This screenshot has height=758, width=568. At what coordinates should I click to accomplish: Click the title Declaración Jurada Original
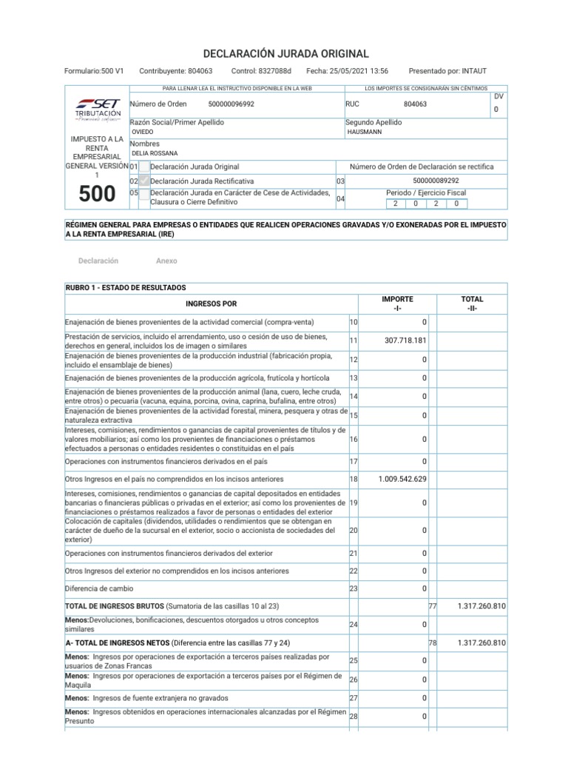tap(284, 54)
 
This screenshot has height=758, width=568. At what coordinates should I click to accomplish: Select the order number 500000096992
tap(230, 104)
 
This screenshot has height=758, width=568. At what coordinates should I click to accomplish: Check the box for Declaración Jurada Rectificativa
tap(144, 181)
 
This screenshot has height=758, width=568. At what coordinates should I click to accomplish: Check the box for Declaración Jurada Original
tap(144, 167)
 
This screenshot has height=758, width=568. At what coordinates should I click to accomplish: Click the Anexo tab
tap(166, 261)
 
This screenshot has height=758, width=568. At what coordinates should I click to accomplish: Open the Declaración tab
tap(98, 261)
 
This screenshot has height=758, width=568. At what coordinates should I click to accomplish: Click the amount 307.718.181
tap(406, 341)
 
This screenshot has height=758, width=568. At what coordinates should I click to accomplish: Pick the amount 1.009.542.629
tap(402, 480)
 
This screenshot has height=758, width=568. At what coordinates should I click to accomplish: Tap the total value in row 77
tap(481, 606)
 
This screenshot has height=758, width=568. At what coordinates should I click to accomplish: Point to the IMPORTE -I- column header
tap(397, 303)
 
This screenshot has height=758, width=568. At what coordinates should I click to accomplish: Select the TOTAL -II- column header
tap(472, 303)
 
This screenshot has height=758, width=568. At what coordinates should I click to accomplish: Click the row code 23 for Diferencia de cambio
tap(354, 588)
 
